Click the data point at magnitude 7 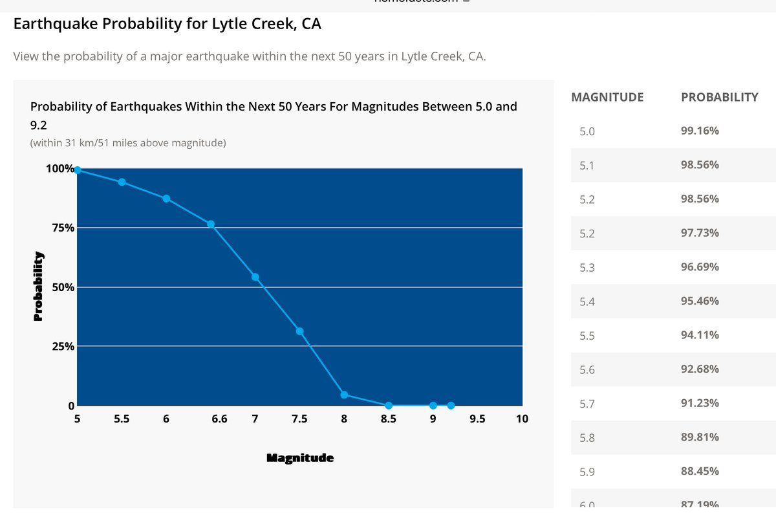coord(255,277)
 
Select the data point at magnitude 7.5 coord(299,331)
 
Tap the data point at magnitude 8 coord(344,395)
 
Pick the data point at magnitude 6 coord(166,199)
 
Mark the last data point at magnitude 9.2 coord(451,406)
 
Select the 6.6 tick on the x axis coord(219,419)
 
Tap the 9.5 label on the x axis coord(477,419)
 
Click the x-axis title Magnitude coord(300,458)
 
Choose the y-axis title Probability coord(38,286)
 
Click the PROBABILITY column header coord(719,97)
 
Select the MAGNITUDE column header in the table coord(607,97)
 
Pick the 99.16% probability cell coord(700,131)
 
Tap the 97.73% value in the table coord(700,233)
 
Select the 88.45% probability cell coord(700,472)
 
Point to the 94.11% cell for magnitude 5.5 coord(700,335)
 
